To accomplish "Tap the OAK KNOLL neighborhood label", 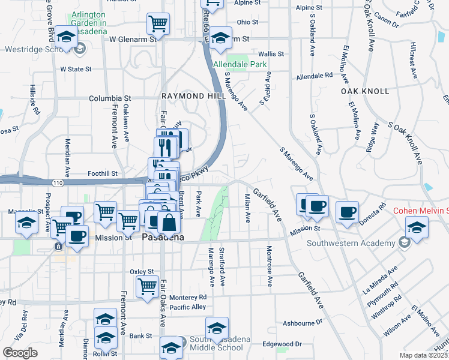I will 365,91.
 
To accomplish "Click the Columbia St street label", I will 110,98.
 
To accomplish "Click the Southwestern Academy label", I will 351,243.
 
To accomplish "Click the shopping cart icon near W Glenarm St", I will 158,25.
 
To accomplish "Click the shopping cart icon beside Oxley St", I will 147,287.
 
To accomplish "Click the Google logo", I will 20,352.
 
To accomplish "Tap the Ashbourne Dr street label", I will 302,323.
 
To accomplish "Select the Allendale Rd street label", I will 315,76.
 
